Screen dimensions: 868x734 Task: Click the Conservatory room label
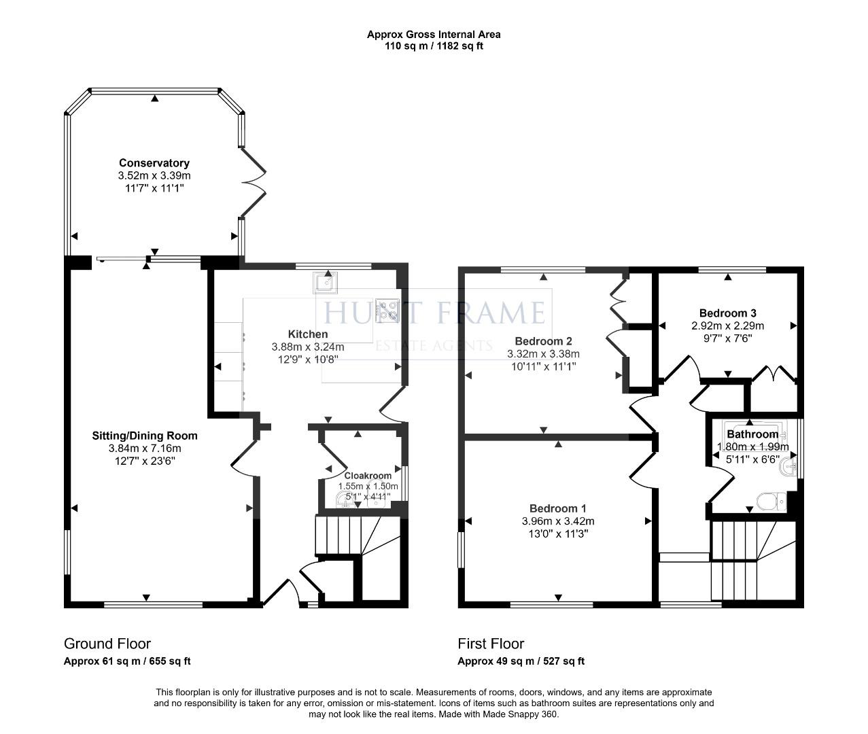(154, 163)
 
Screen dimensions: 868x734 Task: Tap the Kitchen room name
(308, 334)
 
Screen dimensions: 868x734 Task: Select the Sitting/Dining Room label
(145, 436)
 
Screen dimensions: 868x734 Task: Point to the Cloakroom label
(368, 476)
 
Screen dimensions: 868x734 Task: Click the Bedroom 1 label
(557, 508)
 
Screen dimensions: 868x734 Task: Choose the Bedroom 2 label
(543, 341)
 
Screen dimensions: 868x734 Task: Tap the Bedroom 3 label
(728, 313)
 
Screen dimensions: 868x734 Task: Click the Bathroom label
(752, 434)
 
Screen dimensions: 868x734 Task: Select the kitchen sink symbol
(325, 282)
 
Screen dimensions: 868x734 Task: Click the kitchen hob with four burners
(387, 310)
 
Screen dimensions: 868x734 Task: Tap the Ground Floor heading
(107, 644)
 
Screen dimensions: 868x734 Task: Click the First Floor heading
(491, 644)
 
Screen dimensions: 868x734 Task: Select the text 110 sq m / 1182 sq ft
(434, 46)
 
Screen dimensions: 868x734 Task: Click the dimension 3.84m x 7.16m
(145, 449)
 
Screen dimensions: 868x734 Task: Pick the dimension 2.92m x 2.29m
(728, 326)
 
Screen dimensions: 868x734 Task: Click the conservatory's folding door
(254, 182)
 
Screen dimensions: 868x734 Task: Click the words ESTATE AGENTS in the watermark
(434, 345)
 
